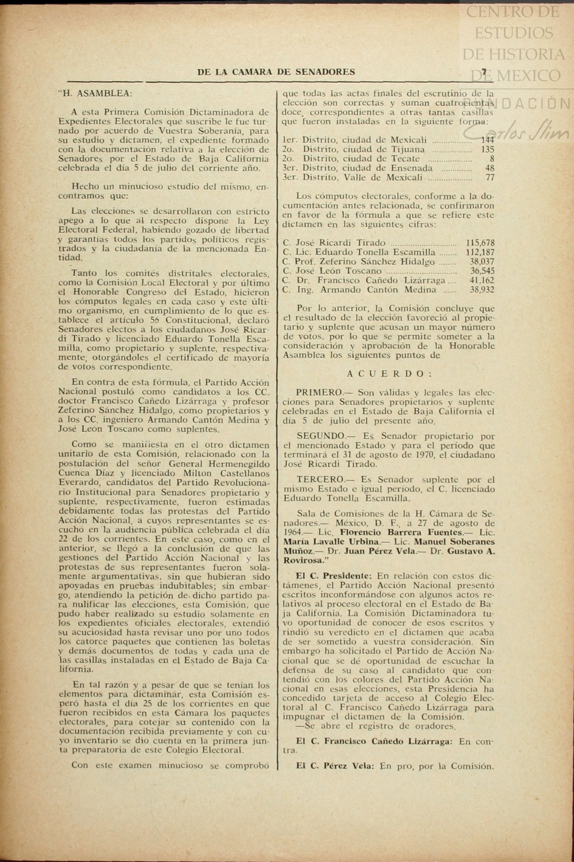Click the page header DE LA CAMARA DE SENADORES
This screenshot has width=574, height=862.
tap(276, 72)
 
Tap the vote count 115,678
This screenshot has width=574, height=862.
tap(480, 243)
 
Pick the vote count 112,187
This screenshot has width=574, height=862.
tap(480, 252)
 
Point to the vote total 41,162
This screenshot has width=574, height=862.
tap(482, 280)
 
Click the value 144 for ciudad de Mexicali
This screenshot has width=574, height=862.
tap(487, 140)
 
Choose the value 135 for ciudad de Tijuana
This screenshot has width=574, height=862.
tap(488, 149)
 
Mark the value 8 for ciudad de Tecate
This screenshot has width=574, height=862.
tap(492, 159)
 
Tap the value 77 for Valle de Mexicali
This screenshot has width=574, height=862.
tap(490, 177)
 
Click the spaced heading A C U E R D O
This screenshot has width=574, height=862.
tap(389, 374)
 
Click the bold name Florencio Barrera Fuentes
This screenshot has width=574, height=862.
tap(401, 533)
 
